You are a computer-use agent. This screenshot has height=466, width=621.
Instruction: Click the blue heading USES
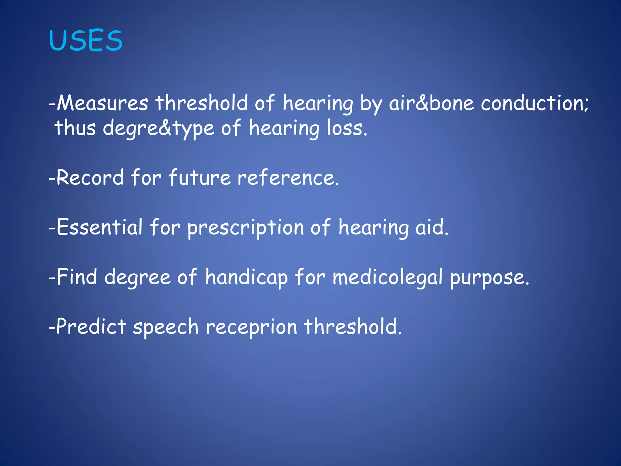(x=86, y=41)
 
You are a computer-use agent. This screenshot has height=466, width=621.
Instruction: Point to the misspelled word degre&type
(x=159, y=128)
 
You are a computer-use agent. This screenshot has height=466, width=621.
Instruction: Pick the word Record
(x=90, y=178)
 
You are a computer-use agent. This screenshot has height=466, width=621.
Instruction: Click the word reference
(x=288, y=178)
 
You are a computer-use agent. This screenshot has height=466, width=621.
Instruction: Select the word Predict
(x=91, y=327)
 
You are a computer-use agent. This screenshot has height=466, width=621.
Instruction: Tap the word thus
(x=75, y=128)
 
